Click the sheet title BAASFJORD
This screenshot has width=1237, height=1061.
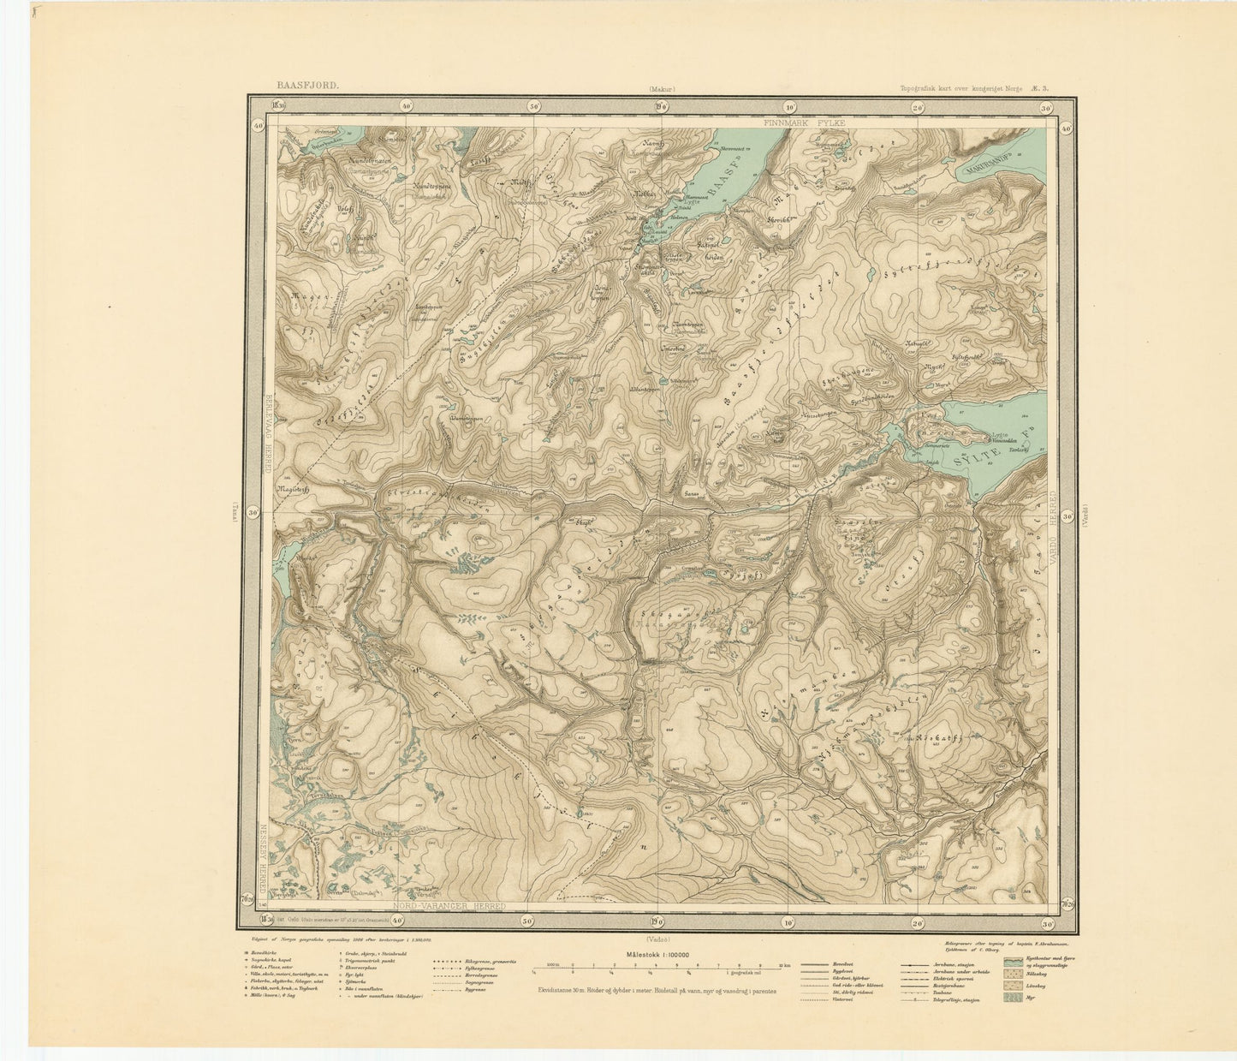[x=307, y=86]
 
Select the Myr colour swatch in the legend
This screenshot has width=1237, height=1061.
[x=1013, y=998]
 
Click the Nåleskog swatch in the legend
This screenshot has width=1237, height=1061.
[x=1013, y=974]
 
